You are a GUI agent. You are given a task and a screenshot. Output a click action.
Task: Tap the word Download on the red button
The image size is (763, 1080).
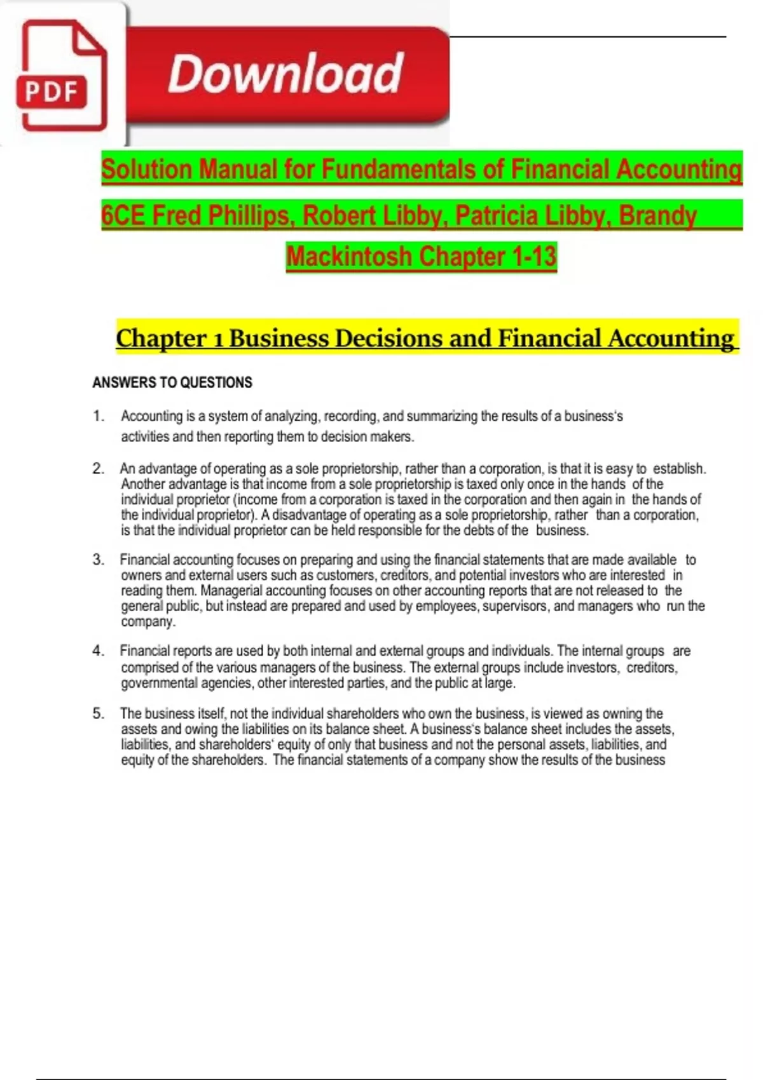tap(285, 74)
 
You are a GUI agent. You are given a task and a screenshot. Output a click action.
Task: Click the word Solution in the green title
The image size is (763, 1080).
tap(146, 170)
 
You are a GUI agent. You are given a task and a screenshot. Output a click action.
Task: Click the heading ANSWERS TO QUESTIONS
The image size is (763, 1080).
tap(172, 382)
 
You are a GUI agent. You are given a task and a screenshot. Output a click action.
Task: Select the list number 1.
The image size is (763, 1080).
tap(98, 416)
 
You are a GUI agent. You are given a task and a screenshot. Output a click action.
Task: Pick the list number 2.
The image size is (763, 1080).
tap(98, 469)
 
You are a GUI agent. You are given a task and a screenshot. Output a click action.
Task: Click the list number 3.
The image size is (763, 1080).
tap(98, 560)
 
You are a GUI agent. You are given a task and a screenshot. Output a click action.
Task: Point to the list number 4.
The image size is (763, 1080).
tap(98, 651)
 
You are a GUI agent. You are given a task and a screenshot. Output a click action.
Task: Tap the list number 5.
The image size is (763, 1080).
tap(98, 713)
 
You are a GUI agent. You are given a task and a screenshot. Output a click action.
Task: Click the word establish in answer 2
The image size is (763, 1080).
tap(679, 469)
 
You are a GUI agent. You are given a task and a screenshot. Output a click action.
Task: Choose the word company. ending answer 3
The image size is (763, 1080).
tap(148, 621)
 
